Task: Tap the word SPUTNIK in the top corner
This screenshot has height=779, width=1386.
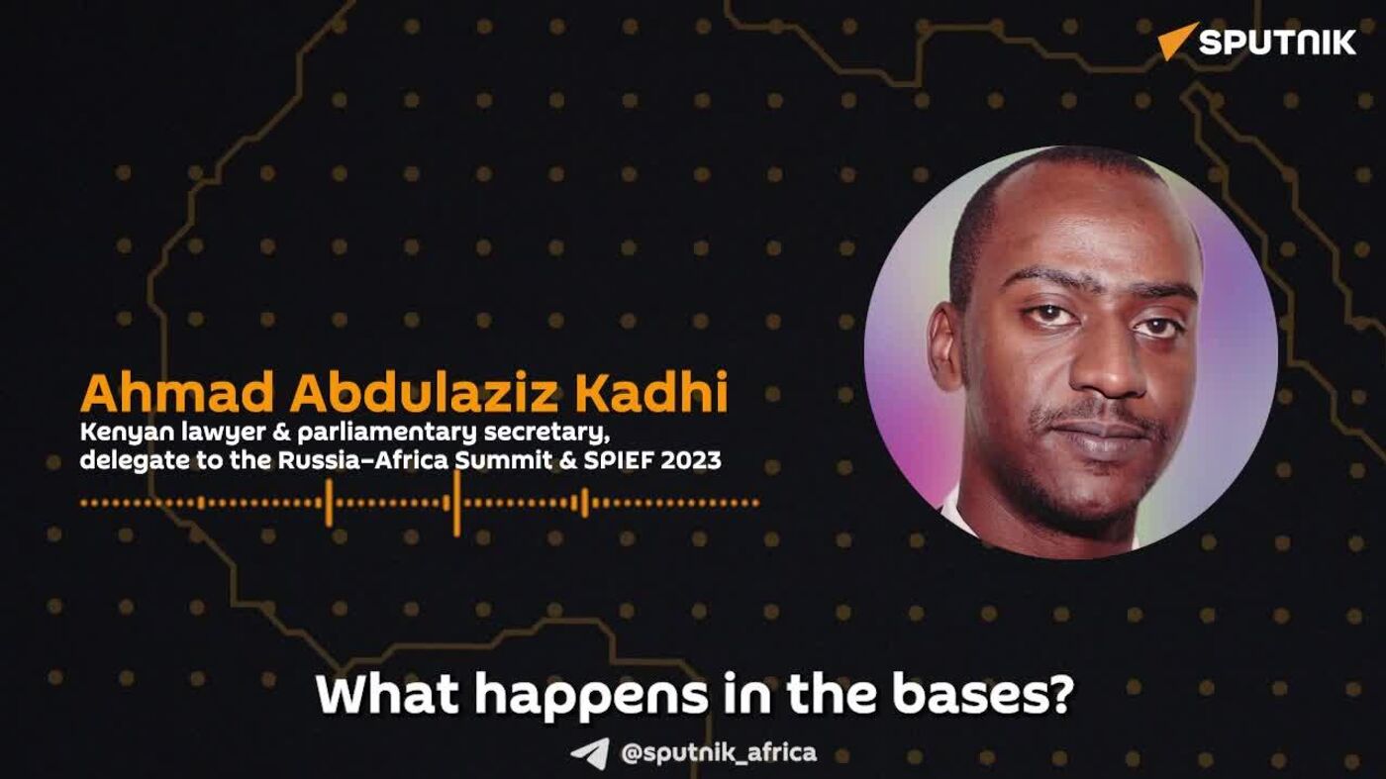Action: pos(1278,43)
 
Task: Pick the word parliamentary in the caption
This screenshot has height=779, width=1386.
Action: pos(387,434)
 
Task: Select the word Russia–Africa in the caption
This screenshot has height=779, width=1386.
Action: pos(362,461)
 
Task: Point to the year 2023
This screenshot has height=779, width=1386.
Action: pos(691,461)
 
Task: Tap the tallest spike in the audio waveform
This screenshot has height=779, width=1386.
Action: pos(456,503)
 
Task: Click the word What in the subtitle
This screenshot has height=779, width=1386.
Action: pos(387,695)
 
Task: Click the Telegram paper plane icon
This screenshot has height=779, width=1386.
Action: pos(590,753)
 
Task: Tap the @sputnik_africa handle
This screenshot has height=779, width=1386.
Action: pos(719,753)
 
